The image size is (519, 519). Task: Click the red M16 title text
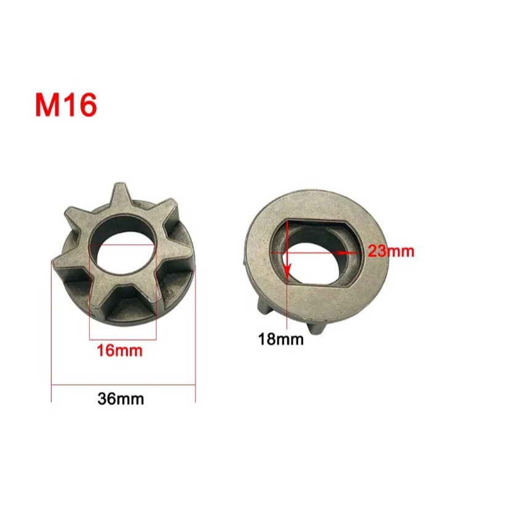tap(66, 105)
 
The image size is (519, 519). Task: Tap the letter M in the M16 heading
tap(47, 105)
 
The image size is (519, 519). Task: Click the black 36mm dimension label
tap(121, 398)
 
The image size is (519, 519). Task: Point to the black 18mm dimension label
tap(281, 339)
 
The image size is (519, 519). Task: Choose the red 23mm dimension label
tap(390, 251)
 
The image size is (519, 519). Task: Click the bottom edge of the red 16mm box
tap(123, 338)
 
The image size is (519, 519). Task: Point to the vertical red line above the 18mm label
tap(287, 295)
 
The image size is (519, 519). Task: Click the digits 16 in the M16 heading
tap(79, 105)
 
